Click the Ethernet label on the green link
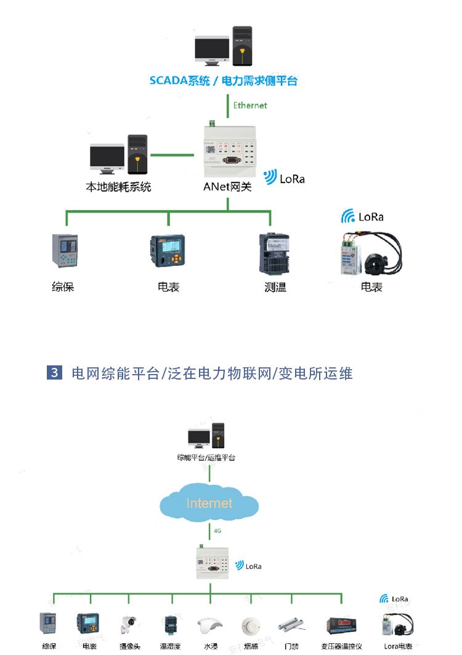pos(249,105)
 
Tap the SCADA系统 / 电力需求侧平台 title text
pos(224,81)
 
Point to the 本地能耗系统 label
pos(118,187)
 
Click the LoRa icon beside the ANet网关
pos(270,178)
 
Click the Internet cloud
pos(209,503)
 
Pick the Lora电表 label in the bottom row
pos(397,646)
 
